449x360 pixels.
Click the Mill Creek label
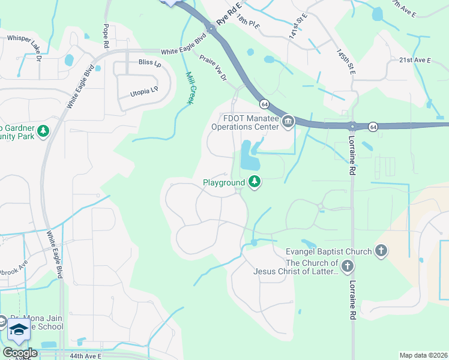point(188,88)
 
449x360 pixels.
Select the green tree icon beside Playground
point(255,181)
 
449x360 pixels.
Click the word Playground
point(223,182)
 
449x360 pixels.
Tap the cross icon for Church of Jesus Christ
point(347,266)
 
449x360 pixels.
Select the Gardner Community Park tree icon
point(43,130)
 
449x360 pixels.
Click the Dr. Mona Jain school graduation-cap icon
point(19,329)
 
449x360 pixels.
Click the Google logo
point(19,353)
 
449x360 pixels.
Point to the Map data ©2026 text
point(423,355)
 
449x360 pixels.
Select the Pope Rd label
point(106,36)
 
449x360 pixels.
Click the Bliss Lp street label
point(149,62)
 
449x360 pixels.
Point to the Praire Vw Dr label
point(213,69)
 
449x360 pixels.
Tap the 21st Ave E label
point(415,60)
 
